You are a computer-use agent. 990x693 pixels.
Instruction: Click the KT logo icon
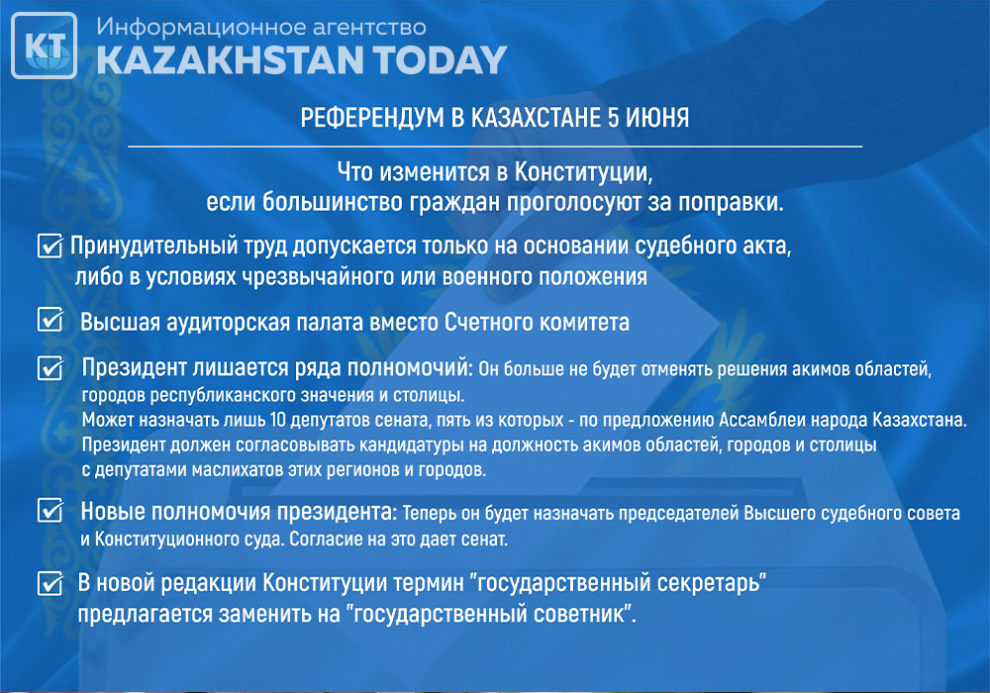45,46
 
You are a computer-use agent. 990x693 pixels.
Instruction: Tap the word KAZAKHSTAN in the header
231,60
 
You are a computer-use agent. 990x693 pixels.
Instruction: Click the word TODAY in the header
441,60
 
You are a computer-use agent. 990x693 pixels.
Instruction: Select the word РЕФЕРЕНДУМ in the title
372,118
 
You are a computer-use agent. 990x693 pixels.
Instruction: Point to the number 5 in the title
613,118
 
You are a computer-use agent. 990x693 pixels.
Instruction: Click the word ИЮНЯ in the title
657,118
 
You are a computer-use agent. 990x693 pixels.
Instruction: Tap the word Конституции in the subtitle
583,171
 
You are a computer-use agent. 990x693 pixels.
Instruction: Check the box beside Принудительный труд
49,247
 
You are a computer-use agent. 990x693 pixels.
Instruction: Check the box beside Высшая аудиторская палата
49,320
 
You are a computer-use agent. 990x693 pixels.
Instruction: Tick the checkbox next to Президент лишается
49,368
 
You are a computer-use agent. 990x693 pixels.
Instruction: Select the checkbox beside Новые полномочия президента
49,510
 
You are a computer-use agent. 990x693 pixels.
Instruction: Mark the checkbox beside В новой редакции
49,583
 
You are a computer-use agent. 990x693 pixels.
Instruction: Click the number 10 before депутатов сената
277,420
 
